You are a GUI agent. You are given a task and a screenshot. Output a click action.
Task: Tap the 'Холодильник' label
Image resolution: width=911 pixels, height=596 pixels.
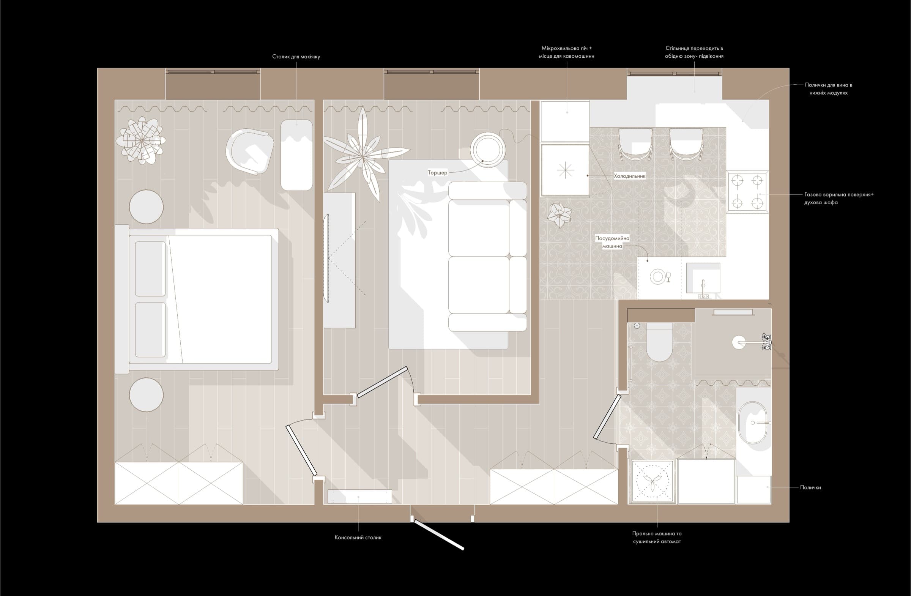630,176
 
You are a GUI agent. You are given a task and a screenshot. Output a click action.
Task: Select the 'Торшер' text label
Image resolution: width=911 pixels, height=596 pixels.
438,173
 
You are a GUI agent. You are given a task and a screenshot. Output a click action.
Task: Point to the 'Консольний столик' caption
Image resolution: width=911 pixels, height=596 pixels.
358,538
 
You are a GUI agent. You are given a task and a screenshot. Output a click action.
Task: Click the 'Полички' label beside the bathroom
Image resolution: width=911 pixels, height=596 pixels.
810,487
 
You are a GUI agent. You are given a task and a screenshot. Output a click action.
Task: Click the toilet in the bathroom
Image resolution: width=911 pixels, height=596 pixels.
659,342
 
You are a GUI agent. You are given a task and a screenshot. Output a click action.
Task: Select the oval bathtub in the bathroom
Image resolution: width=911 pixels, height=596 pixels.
753,423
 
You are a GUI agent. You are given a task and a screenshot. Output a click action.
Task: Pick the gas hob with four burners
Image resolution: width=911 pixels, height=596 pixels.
747,191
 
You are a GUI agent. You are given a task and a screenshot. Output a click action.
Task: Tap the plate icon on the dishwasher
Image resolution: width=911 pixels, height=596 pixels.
657,276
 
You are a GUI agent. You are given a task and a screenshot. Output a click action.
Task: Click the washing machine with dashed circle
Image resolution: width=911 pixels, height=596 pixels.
652,481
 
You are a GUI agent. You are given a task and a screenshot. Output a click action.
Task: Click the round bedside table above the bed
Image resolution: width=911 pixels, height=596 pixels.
146,207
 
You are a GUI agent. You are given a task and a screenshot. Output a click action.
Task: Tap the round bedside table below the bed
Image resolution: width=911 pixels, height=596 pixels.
146,395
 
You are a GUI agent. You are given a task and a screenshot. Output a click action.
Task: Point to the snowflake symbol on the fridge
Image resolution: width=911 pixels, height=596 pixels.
565,170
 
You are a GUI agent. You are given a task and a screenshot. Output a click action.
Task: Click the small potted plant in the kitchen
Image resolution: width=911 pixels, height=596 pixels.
559,215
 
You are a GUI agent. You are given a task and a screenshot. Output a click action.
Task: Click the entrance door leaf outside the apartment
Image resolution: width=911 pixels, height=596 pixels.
439,535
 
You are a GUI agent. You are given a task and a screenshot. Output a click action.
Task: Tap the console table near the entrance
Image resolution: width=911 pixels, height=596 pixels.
360,497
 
